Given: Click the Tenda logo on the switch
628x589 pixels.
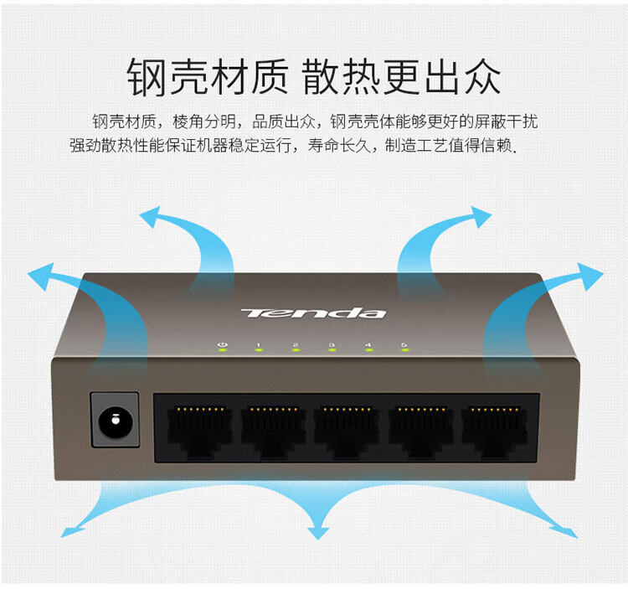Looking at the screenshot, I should coord(314,313).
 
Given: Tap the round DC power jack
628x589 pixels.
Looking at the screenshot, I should coord(113,418).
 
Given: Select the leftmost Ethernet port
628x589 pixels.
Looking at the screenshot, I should coord(198,428).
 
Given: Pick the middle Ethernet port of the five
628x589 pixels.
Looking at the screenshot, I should coord(347,428).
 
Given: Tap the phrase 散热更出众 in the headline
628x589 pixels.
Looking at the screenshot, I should coord(402,76).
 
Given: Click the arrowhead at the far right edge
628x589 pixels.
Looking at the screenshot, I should coord(589,274).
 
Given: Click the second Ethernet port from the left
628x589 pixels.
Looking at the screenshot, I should coord(272,428).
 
